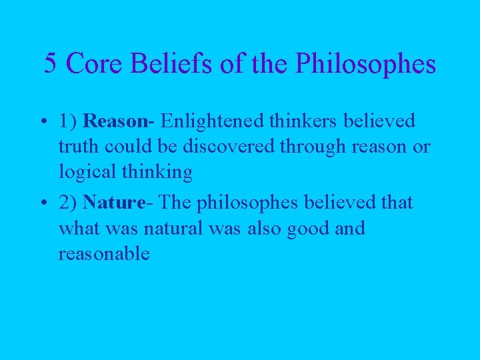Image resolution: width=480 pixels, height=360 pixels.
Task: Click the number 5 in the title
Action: (x=50, y=64)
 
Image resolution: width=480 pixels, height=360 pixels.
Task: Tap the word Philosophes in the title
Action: (x=365, y=64)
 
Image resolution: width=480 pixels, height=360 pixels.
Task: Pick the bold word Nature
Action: (x=113, y=202)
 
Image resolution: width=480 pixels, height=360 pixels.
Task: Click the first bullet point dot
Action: (x=41, y=122)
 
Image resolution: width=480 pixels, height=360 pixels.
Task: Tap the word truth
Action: (x=77, y=147)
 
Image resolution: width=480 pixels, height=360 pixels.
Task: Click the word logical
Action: (x=85, y=173)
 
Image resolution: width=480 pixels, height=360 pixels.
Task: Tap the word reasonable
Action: (x=104, y=254)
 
